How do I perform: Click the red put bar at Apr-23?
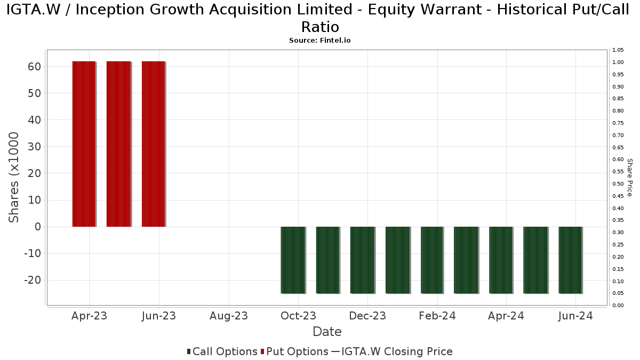tap(84, 144)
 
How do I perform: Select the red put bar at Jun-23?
tap(153, 144)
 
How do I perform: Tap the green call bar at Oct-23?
tap(293, 260)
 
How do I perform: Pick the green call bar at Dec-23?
tap(362, 260)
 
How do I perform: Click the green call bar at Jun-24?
tap(570, 260)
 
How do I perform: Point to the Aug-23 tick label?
tap(229, 316)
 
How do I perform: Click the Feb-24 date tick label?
tap(437, 316)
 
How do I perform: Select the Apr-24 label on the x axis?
tap(506, 316)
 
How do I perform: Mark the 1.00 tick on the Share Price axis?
tap(618, 62)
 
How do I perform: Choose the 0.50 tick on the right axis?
tap(618, 184)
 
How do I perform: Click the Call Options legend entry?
tap(222, 351)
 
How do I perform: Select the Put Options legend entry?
tap(294, 351)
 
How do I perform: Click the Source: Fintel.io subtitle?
tap(320, 41)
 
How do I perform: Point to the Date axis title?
tap(327, 332)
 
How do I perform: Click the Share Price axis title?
tap(629, 178)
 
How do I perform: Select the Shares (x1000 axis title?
tap(14, 178)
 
